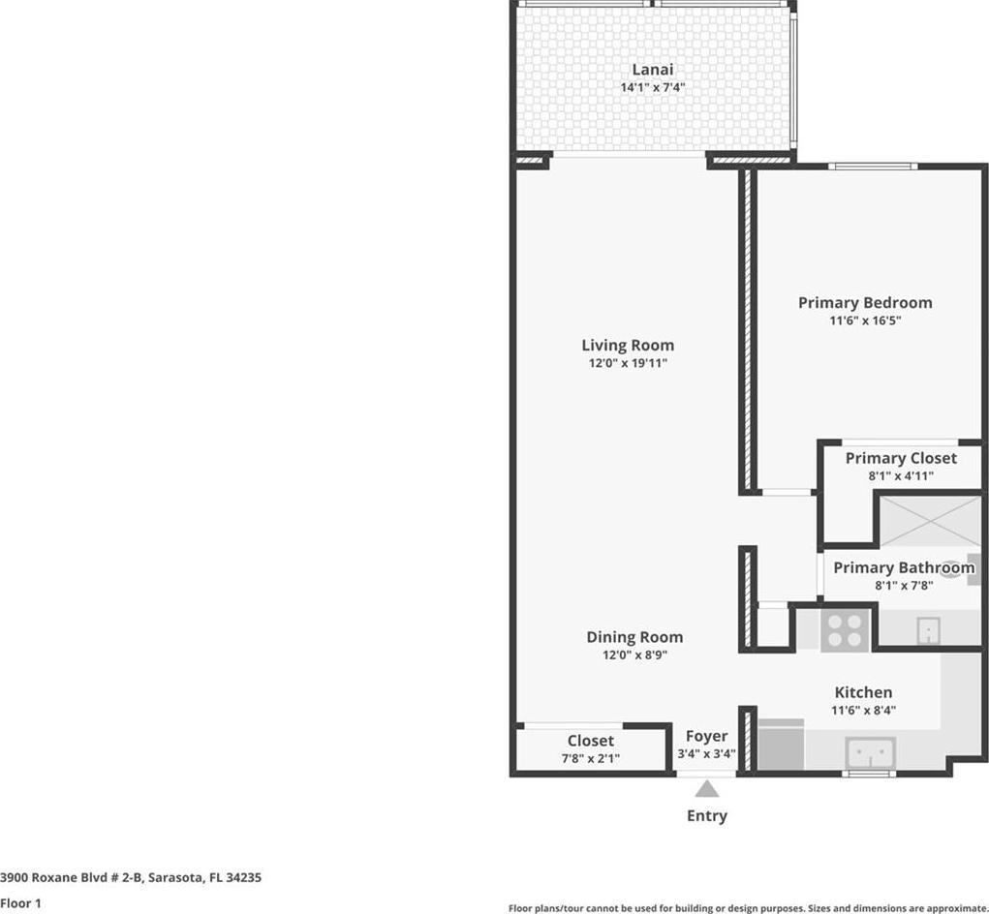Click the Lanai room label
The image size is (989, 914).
[653, 70]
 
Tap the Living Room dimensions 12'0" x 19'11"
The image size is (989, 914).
[628, 363]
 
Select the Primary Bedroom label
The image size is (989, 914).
[865, 303]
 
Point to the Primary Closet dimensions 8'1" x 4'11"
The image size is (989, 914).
[901, 476]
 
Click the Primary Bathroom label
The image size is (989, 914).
[904, 568]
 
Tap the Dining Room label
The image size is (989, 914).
[634, 637]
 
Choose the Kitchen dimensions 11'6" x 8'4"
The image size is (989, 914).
[863, 711]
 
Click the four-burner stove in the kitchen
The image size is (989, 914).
[846, 631]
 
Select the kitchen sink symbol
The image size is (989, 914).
[871, 752]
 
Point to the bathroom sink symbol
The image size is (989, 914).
[928, 631]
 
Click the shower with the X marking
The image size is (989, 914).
[930, 521]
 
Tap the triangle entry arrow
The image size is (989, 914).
[707, 788]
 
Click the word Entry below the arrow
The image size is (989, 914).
[707, 815]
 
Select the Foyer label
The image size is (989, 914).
[706, 736]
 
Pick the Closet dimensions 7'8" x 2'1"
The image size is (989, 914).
[590, 758]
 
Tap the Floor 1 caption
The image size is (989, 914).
[20, 903]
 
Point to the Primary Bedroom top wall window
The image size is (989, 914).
[873, 167]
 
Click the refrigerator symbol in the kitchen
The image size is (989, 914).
[781, 745]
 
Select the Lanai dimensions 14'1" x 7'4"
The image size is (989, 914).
[653, 87]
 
